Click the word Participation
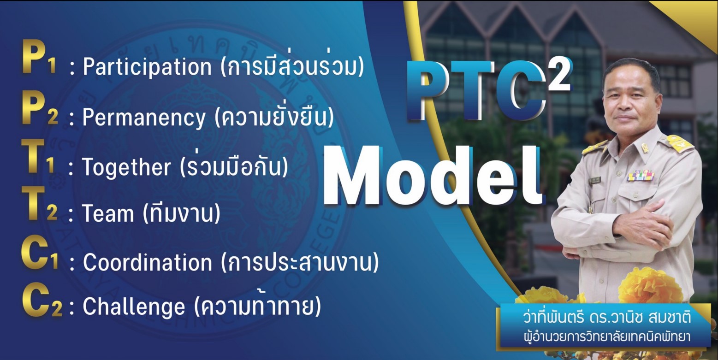click(147, 67)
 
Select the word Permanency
click(143, 118)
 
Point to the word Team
click(108, 213)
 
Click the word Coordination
click(148, 262)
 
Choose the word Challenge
click(134, 307)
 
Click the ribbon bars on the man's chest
click(641, 175)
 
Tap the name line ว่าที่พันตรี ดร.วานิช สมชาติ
click(607, 318)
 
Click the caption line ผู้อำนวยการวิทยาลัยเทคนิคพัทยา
click(607, 336)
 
